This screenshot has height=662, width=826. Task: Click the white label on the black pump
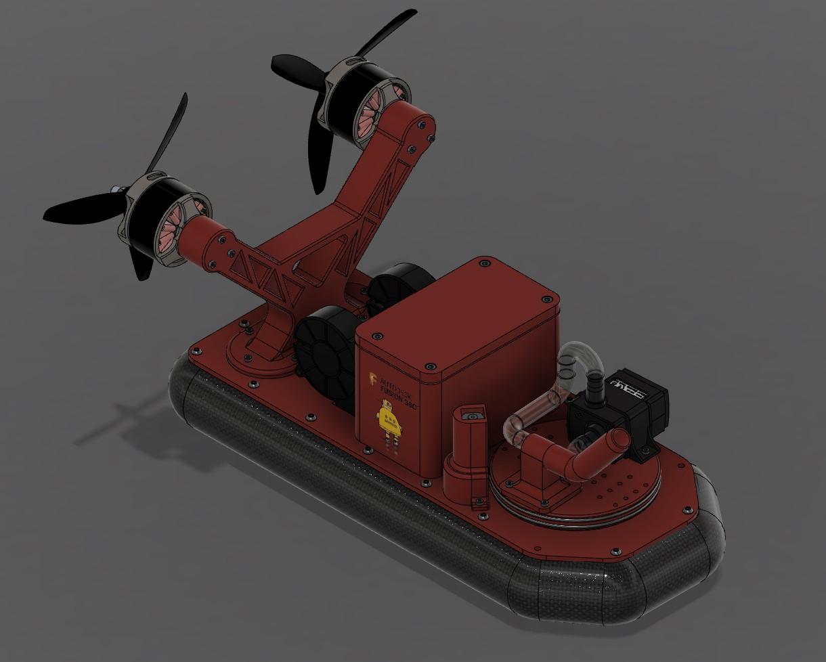629,385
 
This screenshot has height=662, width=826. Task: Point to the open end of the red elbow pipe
617,441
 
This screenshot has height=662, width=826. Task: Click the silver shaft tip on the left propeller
116,190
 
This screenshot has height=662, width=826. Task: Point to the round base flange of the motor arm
261,359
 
